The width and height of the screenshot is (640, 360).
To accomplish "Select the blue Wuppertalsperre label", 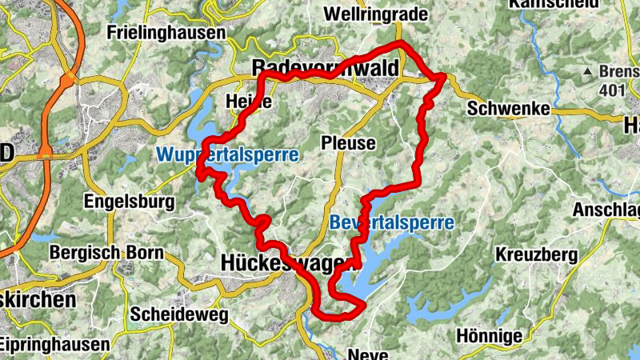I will (227, 154).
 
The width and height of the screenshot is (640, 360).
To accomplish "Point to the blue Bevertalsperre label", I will (391, 222).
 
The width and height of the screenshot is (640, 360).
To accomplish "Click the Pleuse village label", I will (347, 143).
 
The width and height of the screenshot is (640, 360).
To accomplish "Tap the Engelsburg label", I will (129, 200).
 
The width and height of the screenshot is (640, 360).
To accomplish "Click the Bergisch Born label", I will (106, 253).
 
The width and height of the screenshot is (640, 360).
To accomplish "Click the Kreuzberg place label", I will (536, 255).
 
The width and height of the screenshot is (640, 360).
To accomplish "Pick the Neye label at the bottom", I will (369, 353).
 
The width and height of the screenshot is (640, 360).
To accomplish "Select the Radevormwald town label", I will (324, 69).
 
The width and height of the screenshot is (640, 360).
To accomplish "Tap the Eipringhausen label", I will (54, 345).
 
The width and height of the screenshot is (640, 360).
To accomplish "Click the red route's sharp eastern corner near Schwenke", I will (444, 75).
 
